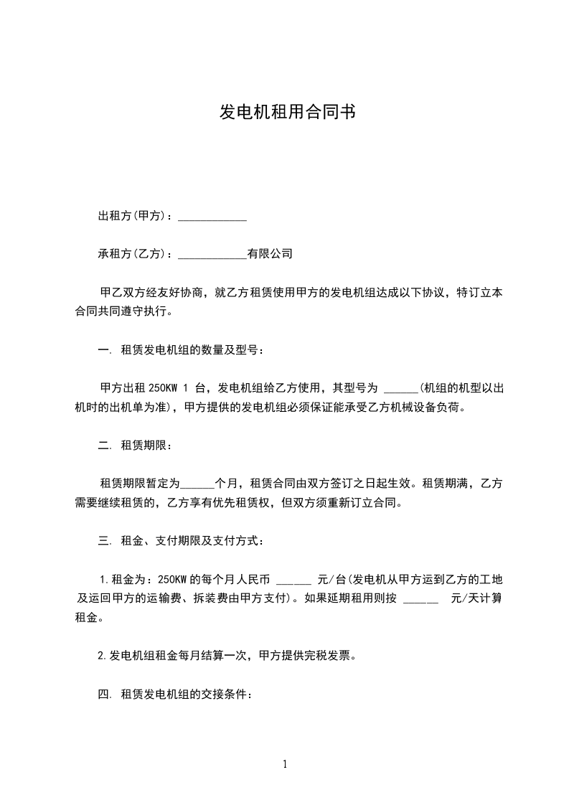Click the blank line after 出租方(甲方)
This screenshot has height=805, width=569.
click(x=212, y=217)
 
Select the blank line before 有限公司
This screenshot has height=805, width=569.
click(x=212, y=255)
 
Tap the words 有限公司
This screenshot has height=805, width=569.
click(x=270, y=254)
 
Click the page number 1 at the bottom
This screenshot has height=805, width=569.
click(x=285, y=764)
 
